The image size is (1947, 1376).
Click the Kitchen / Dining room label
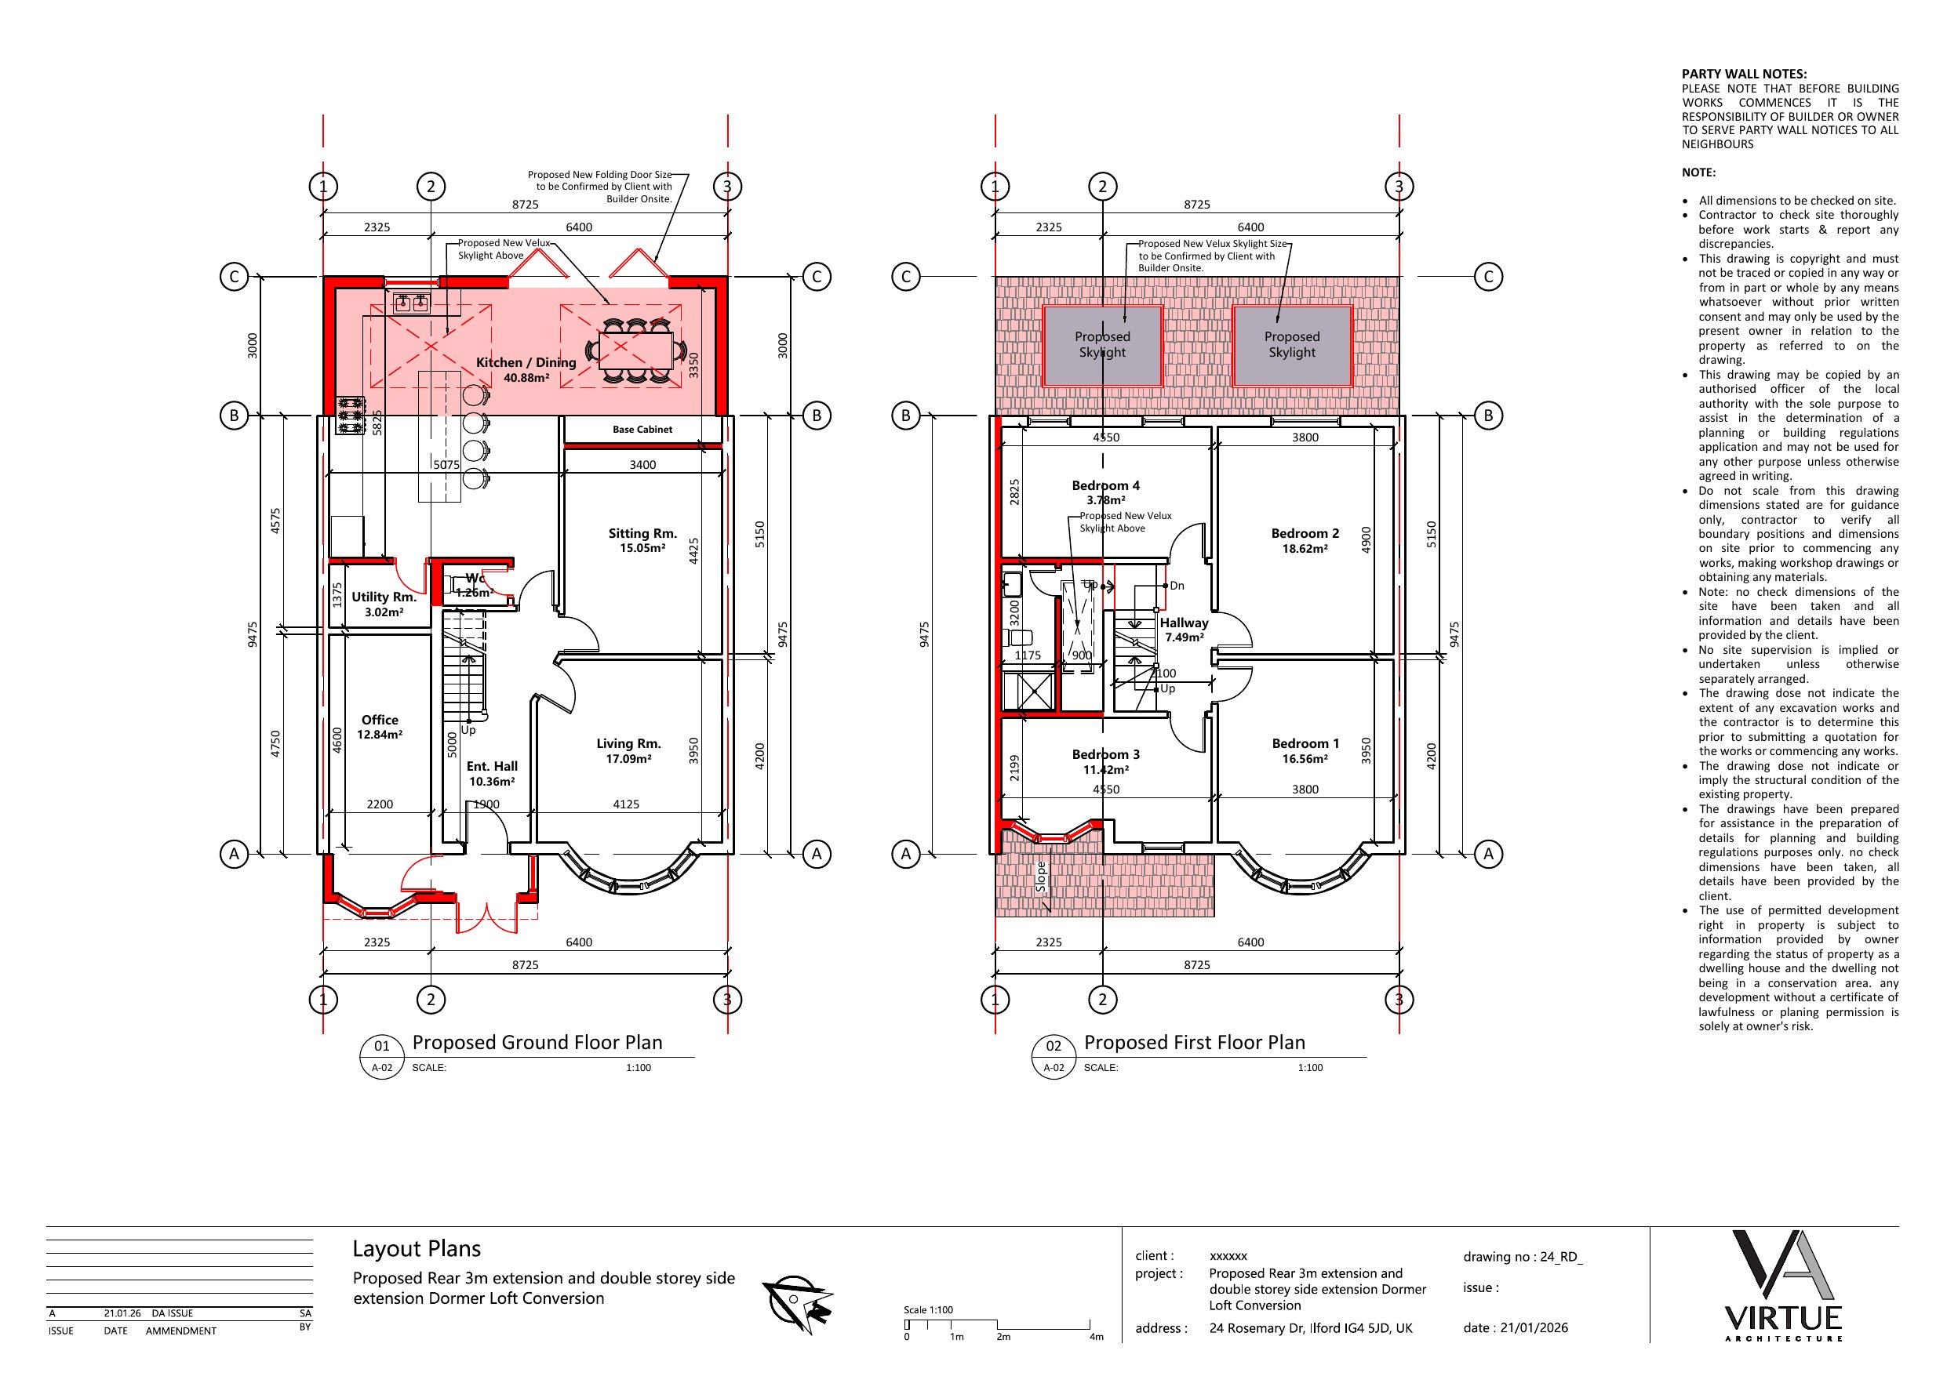(x=526, y=363)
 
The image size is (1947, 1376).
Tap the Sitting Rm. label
(x=642, y=533)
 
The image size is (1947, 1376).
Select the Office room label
(x=380, y=720)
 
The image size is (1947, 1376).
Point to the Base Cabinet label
(x=642, y=430)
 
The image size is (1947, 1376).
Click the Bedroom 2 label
(x=1305, y=533)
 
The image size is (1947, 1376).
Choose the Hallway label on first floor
(x=1184, y=623)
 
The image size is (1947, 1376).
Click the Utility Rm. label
(x=384, y=597)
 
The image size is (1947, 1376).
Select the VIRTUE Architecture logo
(x=1783, y=1285)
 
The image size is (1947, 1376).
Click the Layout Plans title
(x=417, y=1249)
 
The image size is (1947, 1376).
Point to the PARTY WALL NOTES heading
(x=1745, y=74)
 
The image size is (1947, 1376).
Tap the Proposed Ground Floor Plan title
(x=537, y=1043)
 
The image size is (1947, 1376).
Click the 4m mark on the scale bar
(x=1096, y=1337)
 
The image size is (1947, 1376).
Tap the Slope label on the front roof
(x=1040, y=877)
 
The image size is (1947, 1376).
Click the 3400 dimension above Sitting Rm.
(x=642, y=465)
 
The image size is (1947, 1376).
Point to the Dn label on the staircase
(x=1177, y=586)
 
